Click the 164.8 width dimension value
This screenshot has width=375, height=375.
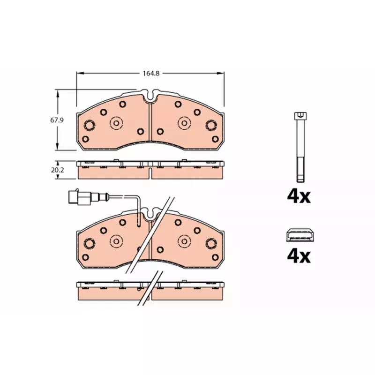(151, 74)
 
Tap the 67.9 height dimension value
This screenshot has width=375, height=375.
(57, 120)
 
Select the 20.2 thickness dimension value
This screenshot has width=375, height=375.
(57, 170)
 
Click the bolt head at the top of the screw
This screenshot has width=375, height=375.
(300, 116)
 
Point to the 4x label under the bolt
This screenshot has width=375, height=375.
(299, 196)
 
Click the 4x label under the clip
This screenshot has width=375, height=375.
(299, 256)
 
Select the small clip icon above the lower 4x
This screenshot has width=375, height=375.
(300, 235)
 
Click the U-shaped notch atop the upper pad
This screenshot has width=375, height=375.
(150, 96)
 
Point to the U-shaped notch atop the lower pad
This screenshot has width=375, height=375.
(150, 214)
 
